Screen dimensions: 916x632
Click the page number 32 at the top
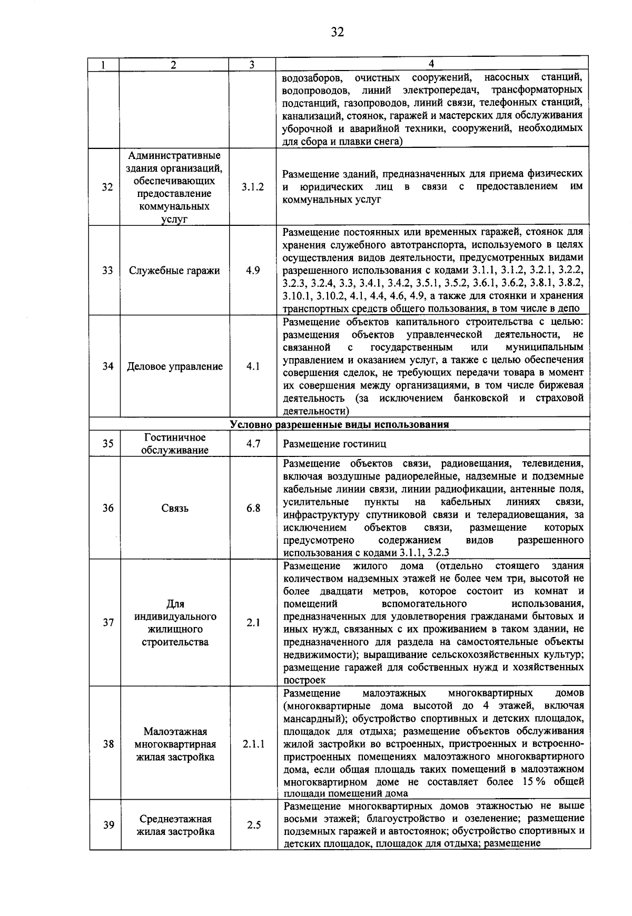[x=337, y=32]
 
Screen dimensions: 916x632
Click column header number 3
[x=252, y=65]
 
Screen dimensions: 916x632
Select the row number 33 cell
[x=107, y=271]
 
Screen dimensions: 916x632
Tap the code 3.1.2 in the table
[x=252, y=187]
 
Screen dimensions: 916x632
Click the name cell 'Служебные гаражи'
[x=175, y=271]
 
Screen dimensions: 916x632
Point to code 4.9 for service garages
[x=252, y=271]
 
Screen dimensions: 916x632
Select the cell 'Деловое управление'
[x=175, y=366]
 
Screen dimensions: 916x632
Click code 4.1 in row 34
[x=252, y=366]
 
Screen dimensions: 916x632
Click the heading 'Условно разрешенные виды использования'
[x=339, y=424]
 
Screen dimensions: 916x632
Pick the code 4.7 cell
[x=253, y=444]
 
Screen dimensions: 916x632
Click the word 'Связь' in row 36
[x=175, y=509]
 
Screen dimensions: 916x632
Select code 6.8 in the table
[x=253, y=509]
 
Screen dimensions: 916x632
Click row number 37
[x=108, y=623]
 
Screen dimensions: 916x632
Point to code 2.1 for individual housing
[x=253, y=623]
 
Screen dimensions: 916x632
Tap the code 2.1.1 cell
[x=253, y=744]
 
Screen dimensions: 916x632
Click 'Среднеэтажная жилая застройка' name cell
[x=175, y=825]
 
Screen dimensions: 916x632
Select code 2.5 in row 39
[x=253, y=825]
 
